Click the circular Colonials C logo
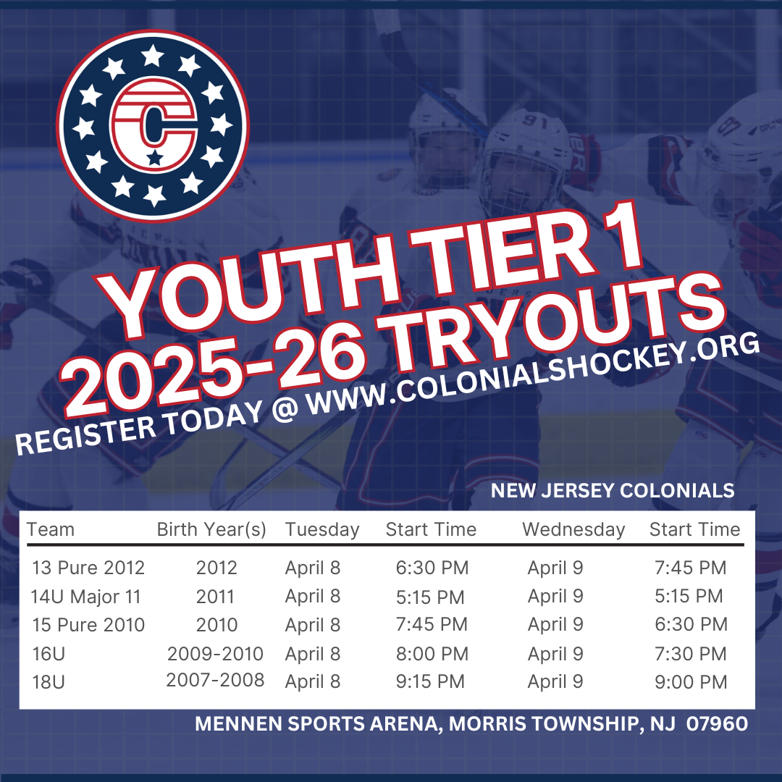(x=153, y=125)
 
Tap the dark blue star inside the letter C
(x=155, y=158)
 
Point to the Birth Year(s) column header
(x=211, y=529)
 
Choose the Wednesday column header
(x=573, y=529)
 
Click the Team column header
(x=51, y=529)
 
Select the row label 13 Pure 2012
(x=88, y=568)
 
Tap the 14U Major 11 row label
(x=85, y=597)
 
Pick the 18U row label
(x=49, y=682)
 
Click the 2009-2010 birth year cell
(x=215, y=653)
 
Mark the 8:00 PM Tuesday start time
(x=432, y=654)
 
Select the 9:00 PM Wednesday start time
(x=691, y=682)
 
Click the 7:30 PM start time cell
(x=691, y=654)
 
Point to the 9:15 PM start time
(x=430, y=682)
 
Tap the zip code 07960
(x=717, y=723)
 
